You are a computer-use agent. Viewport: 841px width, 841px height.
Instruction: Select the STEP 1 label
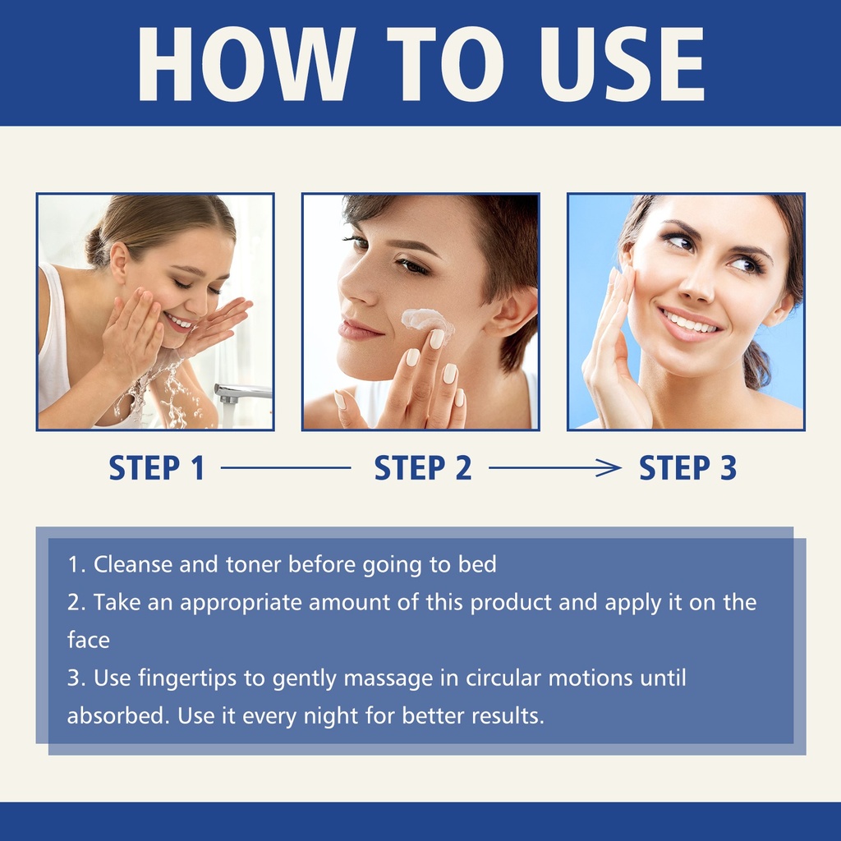click(157, 467)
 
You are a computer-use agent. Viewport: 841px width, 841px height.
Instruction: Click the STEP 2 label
click(423, 467)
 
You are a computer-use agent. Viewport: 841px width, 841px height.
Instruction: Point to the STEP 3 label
click(687, 467)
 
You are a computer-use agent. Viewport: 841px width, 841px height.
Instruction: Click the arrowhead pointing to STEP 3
click(610, 467)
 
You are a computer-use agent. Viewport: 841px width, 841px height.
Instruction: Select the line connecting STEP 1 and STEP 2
click(286, 467)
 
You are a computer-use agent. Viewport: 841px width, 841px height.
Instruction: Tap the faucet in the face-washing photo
click(241, 393)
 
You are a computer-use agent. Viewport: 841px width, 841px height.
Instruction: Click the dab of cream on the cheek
click(427, 323)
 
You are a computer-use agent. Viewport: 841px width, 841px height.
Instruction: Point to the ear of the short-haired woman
click(516, 315)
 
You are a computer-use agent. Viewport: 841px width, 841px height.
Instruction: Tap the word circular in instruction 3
click(503, 678)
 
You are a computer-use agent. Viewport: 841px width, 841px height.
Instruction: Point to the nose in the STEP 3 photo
click(697, 284)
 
